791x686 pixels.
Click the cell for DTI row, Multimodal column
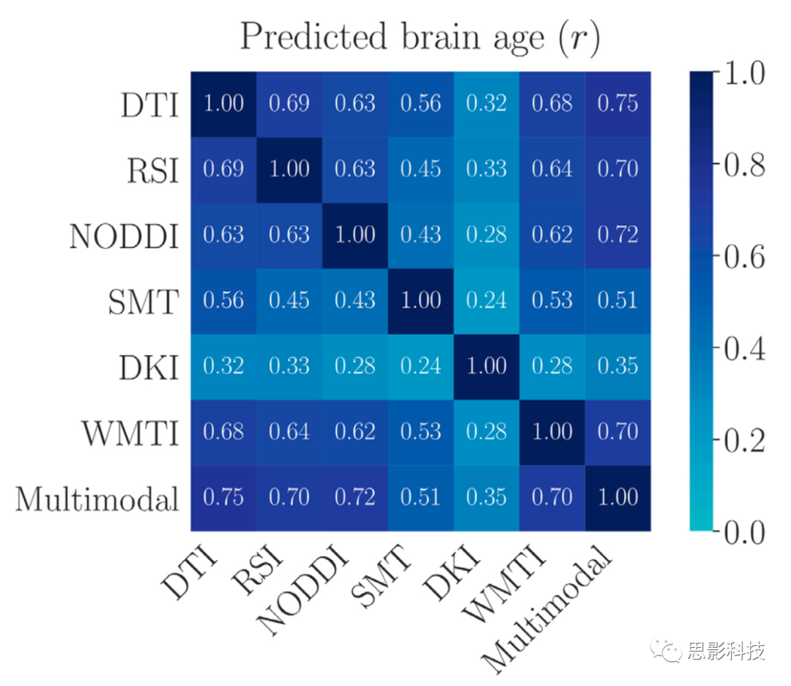click(618, 103)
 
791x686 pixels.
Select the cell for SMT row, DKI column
click(487, 300)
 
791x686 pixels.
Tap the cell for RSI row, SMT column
click(421, 169)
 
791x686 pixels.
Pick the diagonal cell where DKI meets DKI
click(487, 366)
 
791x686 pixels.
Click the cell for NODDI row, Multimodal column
click(618, 235)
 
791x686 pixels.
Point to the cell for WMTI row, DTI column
click(223, 432)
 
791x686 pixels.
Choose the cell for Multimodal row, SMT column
click(421, 498)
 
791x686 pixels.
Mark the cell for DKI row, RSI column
click(289, 366)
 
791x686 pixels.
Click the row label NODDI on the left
click(124, 236)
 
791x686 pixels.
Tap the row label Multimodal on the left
click(97, 499)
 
